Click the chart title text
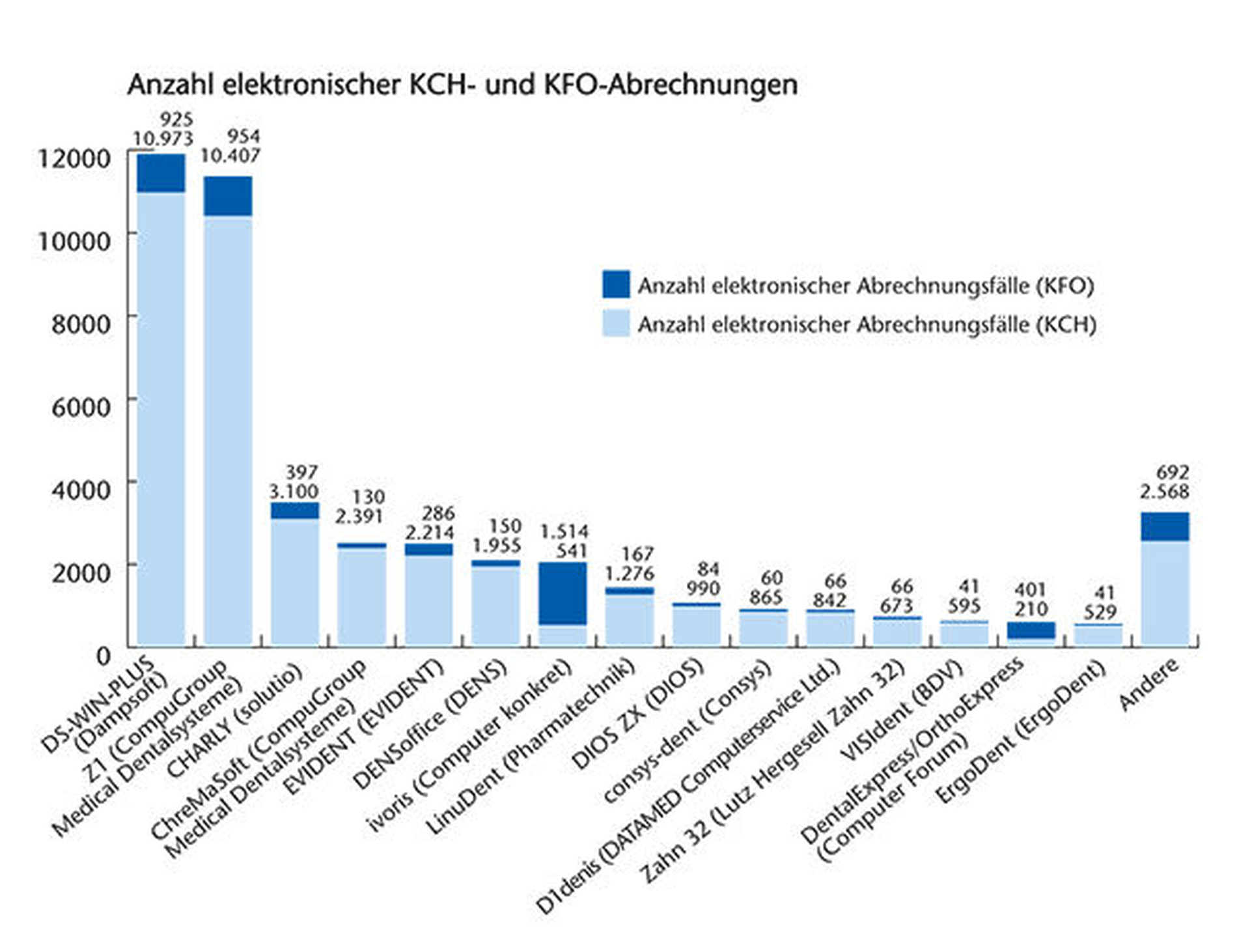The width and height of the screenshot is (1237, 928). coord(462,85)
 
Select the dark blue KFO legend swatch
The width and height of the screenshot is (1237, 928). coord(616,285)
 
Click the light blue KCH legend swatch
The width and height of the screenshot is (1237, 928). coord(616,324)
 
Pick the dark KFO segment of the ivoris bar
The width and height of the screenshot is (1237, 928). coord(563,593)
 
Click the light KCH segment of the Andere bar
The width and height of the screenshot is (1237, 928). coord(1165,593)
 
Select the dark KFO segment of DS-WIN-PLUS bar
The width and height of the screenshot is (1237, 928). coord(161,173)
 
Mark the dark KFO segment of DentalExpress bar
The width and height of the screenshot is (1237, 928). coord(1031,630)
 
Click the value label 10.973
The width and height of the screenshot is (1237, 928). coord(163,139)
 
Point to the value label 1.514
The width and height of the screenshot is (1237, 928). coord(564,532)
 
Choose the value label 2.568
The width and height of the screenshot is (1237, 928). coord(1164,492)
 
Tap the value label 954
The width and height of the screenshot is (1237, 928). coord(243,137)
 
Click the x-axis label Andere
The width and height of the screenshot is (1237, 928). coord(1149,684)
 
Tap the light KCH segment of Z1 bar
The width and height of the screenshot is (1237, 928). coord(228,430)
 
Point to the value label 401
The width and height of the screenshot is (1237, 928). coord(1031,590)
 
